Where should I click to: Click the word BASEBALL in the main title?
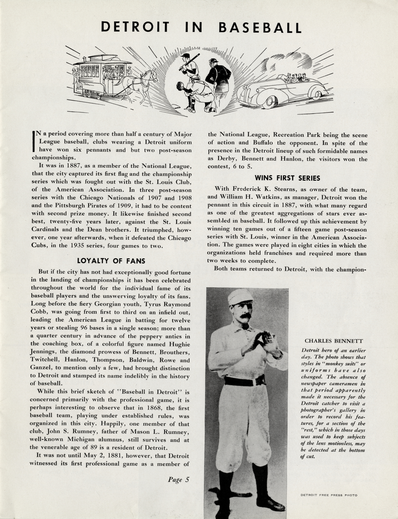(x=259, y=28)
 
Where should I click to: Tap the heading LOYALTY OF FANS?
(x=111, y=261)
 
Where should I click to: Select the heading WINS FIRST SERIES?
(x=287, y=178)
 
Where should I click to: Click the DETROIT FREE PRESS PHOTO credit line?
(x=329, y=495)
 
